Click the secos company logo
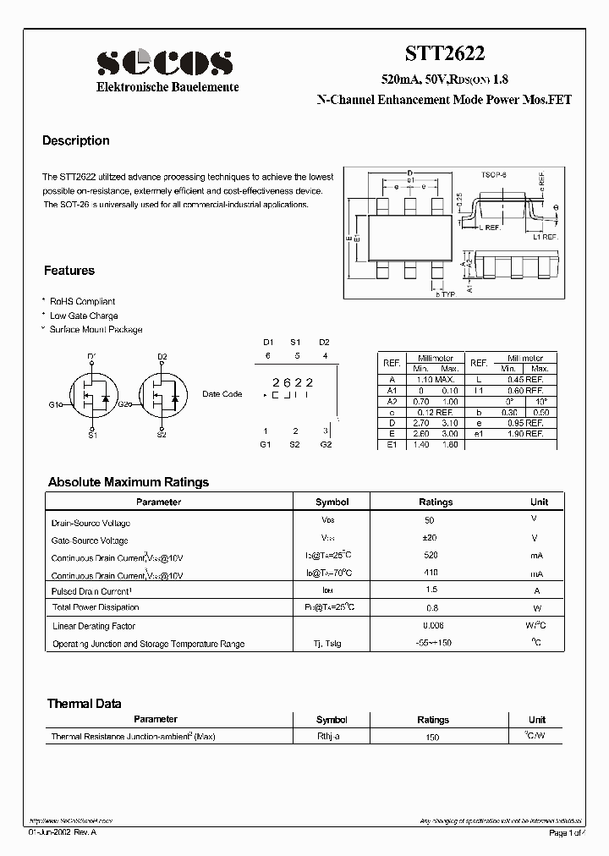164,63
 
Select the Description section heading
76,141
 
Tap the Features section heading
69,271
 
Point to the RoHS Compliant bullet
82,301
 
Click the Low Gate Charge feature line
84,316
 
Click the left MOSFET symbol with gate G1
93,395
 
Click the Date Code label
222,394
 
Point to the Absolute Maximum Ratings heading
129,482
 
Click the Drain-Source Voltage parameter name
91,523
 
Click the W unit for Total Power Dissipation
535,607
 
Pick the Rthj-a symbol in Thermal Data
328,737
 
